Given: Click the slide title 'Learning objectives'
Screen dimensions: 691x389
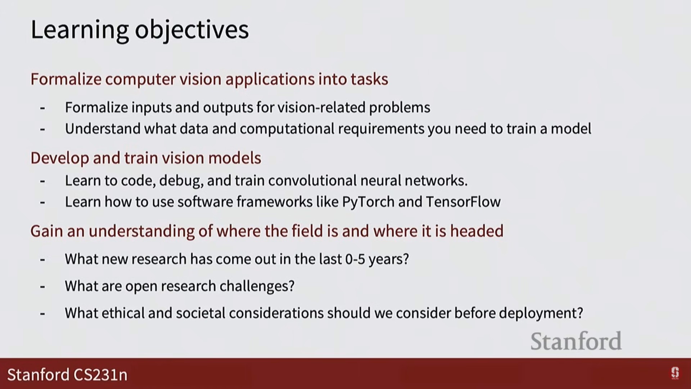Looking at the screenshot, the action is (x=140, y=30).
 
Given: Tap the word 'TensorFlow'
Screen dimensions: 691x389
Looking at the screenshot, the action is (x=463, y=202).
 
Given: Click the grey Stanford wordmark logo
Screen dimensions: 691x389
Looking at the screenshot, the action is (x=576, y=341).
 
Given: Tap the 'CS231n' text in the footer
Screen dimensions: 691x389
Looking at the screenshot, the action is (x=100, y=375).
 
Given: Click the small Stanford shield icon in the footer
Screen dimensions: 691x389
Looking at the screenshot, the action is (x=675, y=373).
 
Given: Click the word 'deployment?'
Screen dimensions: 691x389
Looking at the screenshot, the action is (x=541, y=313).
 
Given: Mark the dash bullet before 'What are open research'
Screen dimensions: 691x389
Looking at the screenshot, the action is (x=42, y=287).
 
